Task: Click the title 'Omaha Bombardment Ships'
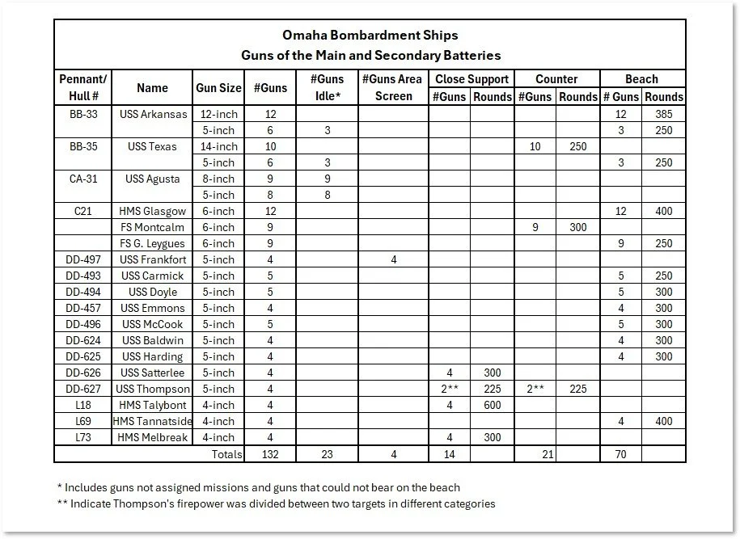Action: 370,36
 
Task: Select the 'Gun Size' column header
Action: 218,88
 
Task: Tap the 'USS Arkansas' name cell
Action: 152,114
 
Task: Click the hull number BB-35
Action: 83,146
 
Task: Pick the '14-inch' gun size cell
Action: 218,146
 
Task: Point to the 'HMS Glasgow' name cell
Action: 152,211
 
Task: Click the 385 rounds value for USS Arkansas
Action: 664,114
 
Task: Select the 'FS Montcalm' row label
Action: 152,227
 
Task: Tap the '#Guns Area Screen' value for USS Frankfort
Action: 394,259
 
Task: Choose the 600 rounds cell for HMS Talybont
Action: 492,405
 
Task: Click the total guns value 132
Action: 270,454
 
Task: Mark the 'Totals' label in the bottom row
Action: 226,454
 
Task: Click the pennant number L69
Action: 83,421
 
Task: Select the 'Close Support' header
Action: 471,79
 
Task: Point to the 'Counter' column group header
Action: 556,79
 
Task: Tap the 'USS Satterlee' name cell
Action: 152,373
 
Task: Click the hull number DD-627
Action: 83,389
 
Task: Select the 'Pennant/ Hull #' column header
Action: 83,88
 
